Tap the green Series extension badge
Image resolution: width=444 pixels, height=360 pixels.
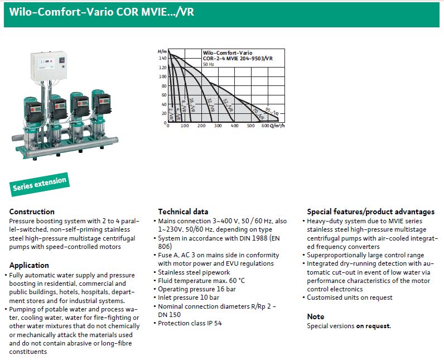(x=39, y=183)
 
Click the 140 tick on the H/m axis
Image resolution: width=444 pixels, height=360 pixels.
(x=163, y=58)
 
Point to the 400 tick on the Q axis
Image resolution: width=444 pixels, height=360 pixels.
(x=234, y=126)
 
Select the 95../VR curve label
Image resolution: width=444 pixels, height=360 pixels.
(x=272, y=112)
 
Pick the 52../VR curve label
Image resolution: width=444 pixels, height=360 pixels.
(x=226, y=105)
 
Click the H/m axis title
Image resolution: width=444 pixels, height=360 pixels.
(x=162, y=51)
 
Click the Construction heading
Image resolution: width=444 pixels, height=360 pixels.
(x=32, y=212)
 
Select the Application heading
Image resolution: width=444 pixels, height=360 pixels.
(x=29, y=265)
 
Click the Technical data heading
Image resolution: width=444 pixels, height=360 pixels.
(x=183, y=212)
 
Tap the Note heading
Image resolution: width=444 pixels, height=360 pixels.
(x=315, y=316)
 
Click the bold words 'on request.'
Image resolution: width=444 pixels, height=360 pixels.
(x=374, y=326)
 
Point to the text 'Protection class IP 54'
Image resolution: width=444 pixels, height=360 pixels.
(x=190, y=323)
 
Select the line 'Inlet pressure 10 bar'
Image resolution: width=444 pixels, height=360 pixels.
(x=190, y=297)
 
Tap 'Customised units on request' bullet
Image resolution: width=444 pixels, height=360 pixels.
(x=352, y=297)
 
